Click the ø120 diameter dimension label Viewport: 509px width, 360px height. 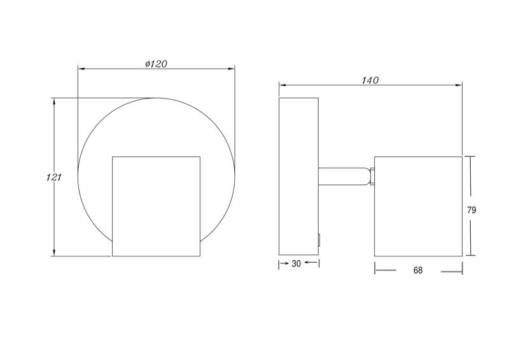click(x=156, y=64)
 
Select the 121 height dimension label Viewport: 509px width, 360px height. click(x=54, y=177)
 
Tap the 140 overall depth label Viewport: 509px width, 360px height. click(x=370, y=80)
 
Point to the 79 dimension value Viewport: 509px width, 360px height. click(x=471, y=210)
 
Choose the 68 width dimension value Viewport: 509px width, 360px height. click(x=418, y=270)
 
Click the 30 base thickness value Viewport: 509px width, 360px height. click(x=296, y=263)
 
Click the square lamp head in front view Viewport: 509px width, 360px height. click(x=156, y=207)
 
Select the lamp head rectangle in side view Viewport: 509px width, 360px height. click(x=418, y=207)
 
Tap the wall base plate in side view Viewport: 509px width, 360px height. click(x=298, y=176)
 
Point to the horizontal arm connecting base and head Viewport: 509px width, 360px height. click(x=344, y=176)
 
